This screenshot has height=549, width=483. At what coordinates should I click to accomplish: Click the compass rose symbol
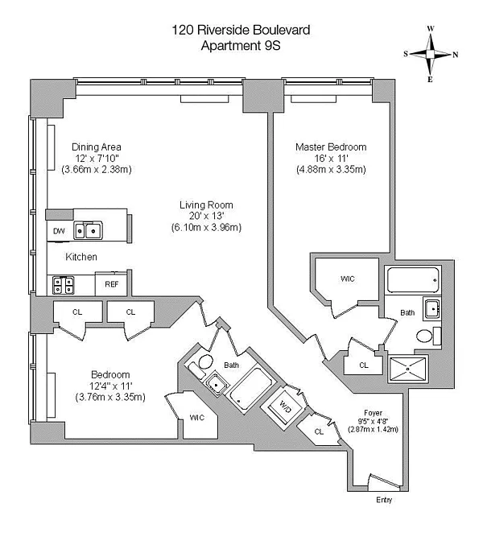click(430, 54)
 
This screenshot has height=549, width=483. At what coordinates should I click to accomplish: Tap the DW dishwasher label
click(59, 231)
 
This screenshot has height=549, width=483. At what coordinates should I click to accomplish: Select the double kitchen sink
click(88, 230)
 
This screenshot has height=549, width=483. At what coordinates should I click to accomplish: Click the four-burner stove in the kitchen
click(63, 285)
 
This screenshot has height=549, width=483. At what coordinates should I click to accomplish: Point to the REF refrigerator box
click(111, 283)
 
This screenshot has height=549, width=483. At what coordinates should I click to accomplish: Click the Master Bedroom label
click(331, 147)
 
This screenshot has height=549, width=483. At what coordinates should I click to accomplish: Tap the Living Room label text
click(206, 204)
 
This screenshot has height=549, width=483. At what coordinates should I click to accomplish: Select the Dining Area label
click(97, 147)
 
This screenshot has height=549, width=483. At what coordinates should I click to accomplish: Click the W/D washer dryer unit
click(284, 407)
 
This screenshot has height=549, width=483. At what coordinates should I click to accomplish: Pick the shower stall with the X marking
click(408, 369)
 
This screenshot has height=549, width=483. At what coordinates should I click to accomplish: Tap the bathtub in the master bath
click(413, 280)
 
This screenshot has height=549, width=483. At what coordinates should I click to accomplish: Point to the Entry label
click(384, 500)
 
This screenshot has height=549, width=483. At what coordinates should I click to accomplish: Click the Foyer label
click(373, 413)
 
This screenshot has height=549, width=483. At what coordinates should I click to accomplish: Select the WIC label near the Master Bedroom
click(348, 279)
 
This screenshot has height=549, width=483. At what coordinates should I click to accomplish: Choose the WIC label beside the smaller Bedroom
click(197, 417)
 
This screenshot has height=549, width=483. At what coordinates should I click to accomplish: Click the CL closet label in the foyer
click(319, 431)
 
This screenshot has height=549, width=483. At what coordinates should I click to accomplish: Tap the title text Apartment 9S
click(241, 46)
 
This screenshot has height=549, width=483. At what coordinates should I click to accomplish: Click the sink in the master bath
click(431, 309)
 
